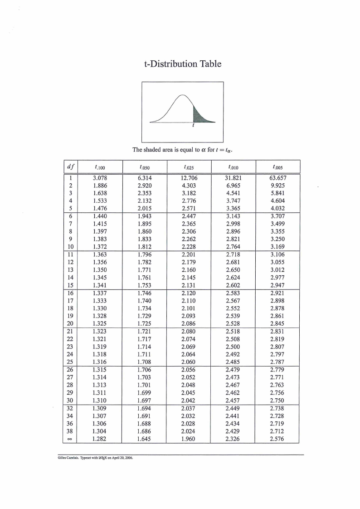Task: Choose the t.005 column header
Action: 278,167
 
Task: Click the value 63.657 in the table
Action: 278,178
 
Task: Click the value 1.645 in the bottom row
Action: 145,439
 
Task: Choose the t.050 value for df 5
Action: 145,208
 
